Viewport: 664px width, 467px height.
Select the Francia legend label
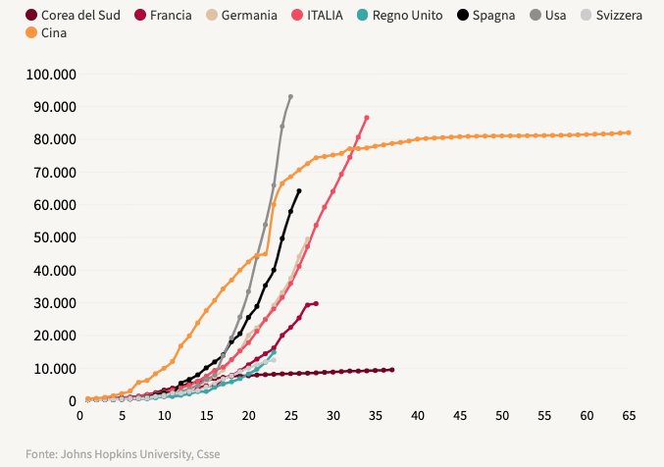coord(171,16)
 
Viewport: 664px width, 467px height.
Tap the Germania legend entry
coord(249,16)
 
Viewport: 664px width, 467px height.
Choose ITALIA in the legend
coord(324,16)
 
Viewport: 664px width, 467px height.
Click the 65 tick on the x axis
coord(629,416)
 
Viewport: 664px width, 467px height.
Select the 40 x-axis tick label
coord(418,416)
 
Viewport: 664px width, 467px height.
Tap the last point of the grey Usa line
coord(290,96)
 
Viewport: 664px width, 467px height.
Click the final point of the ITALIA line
coord(367,118)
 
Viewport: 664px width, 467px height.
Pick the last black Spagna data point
coord(299,190)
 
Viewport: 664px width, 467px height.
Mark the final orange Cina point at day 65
coord(629,132)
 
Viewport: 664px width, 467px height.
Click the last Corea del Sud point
coord(392,370)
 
